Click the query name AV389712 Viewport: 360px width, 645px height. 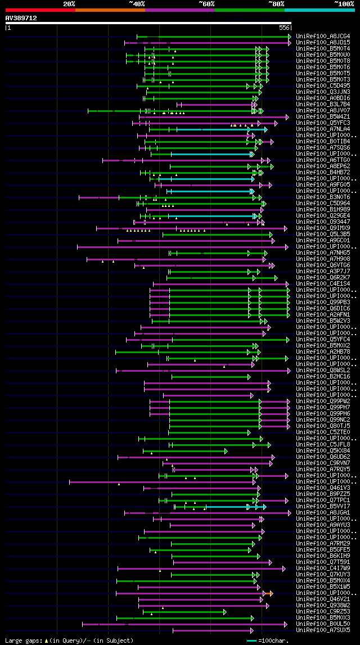click(x=21, y=18)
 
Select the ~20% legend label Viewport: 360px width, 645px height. click(x=69, y=3)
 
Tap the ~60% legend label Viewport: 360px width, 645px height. click(x=206, y=3)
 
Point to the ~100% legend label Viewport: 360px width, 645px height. click(x=344, y=3)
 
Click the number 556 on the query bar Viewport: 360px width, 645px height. click(x=284, y=27)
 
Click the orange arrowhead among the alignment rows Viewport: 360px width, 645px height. click(x=271, y=593)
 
